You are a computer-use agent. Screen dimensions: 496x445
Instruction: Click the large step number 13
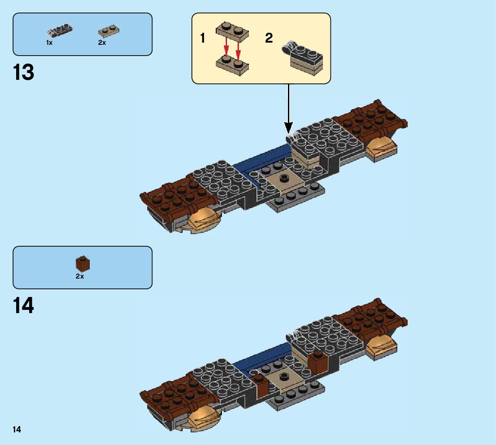tap(24, 72)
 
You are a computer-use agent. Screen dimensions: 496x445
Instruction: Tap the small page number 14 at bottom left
tap(17, 430)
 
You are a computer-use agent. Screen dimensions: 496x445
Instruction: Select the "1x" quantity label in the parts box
tap(49, 43)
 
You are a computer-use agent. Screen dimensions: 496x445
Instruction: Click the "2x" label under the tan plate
tap(102, 43)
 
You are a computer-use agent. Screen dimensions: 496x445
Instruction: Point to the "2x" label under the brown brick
tap(80, 276)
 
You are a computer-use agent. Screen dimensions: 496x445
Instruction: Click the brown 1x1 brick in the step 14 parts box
tap(83, 264)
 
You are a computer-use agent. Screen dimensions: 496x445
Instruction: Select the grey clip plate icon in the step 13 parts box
tap(60, 31)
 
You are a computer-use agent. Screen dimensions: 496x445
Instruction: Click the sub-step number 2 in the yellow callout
tap(269, 38)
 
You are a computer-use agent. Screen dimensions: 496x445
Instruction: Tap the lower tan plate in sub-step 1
tap(232, 64)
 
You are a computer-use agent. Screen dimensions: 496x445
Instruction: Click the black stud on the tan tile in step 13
tap(283, 178)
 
